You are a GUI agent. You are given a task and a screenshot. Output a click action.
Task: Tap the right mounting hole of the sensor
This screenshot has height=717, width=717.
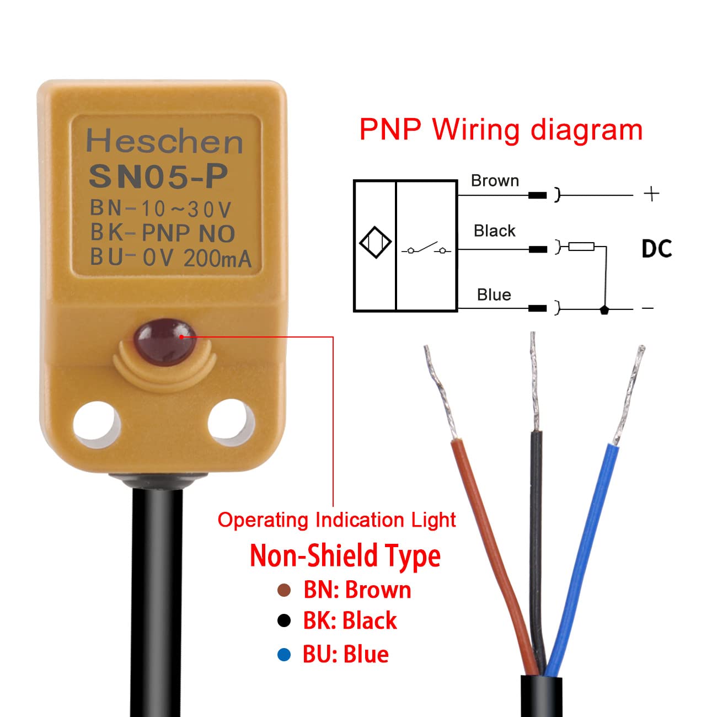pos(231,422)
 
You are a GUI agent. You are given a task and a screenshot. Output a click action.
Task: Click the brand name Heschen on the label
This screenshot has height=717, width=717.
pos(164,142)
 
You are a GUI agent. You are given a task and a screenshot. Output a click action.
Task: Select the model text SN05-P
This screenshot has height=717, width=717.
pos(158,176)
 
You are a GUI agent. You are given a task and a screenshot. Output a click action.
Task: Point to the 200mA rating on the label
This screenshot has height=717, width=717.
pos(217,258)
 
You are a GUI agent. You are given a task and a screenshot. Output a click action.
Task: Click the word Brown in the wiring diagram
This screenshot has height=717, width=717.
pos(495,181)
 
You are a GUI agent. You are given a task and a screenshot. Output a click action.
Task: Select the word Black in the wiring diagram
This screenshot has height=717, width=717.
pos(494,231)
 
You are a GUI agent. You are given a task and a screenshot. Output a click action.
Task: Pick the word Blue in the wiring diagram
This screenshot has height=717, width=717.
pos(494,295)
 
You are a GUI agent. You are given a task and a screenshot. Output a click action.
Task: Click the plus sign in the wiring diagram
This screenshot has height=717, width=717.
pos(651,194)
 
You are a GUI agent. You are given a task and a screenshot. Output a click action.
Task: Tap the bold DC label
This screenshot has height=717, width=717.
pos(656,249)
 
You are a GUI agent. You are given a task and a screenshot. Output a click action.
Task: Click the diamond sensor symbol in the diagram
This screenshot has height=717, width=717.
pos(375,242)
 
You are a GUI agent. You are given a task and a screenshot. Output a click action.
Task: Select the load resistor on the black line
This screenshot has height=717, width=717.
pos(581,247)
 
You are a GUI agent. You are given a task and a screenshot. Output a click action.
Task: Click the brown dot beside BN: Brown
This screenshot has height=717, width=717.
pos(284,591)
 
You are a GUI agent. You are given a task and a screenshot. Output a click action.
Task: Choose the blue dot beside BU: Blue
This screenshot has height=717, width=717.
pos(284,655)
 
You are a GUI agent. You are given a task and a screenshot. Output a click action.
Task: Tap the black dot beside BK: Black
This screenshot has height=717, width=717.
pos(284,621)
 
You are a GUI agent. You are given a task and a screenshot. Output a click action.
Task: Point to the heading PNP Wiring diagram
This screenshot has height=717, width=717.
pos(501,130)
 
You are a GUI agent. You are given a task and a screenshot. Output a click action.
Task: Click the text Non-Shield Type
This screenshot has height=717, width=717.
pos(345,556)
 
